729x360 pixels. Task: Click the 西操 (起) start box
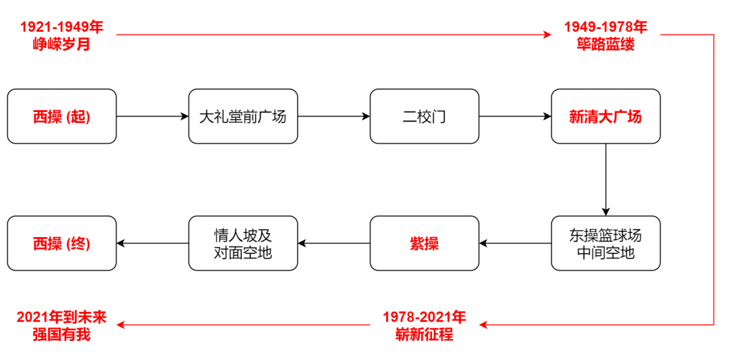[x=62, y=116]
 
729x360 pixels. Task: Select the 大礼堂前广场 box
[x=243, y=116]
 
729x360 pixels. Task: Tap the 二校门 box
[x=425, y=116]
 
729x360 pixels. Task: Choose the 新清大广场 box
[x=605, y=116]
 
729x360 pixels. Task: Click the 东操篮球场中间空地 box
[x=605, y=243]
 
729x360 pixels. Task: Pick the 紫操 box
[x=425, y=243]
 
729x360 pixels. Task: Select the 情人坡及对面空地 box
[x=243, y=243]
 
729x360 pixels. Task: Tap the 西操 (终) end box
[x=62, y=243]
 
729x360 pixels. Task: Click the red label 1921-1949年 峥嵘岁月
[x=62, y=36]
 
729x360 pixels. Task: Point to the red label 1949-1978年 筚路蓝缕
[x=605, y=36]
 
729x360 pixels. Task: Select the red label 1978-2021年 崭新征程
[x=425, y=325]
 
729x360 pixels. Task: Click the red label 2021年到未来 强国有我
[x=62, y=325]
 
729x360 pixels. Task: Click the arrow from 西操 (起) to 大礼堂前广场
[x=153, y=117]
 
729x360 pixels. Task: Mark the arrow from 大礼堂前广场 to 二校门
[x=333, y=117]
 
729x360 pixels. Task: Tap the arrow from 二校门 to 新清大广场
[x=515, y=117]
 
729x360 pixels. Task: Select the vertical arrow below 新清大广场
[x=606, y=179]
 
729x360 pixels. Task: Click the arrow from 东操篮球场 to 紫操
[x=515, y=243]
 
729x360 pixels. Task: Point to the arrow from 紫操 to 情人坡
[x=333, y=243]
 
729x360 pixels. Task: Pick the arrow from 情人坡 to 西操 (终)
[x=153, y=243]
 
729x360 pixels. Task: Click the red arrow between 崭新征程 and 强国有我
[x=243, y=325]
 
